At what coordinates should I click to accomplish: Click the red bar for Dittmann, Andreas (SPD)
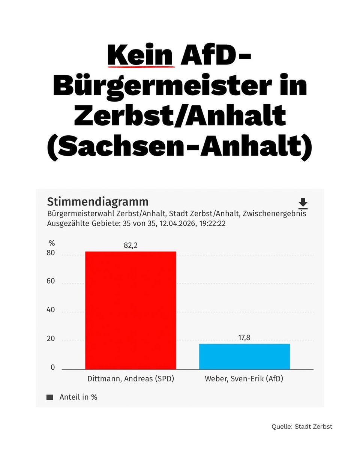(130, 310)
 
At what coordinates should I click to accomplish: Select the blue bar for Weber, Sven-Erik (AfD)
(244, 356)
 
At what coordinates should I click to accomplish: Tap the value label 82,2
(130, 245)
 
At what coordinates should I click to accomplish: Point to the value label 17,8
(244, 337)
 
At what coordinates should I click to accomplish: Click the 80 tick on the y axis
(51, 253)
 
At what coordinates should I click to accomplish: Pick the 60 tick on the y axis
(51, 282)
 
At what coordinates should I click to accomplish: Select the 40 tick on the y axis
(51, 310)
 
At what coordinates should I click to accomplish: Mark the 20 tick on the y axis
(51, 339)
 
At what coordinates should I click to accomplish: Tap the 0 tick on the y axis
(52, 367)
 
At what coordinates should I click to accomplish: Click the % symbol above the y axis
(52, 243)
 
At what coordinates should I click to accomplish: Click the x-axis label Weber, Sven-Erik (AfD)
(244, 379)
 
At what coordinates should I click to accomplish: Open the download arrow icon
(303, 204)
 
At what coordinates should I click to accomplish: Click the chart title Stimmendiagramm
(97, 202)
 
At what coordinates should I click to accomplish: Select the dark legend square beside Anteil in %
(49, 397)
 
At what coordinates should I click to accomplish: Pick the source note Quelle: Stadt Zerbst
(302, 427)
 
